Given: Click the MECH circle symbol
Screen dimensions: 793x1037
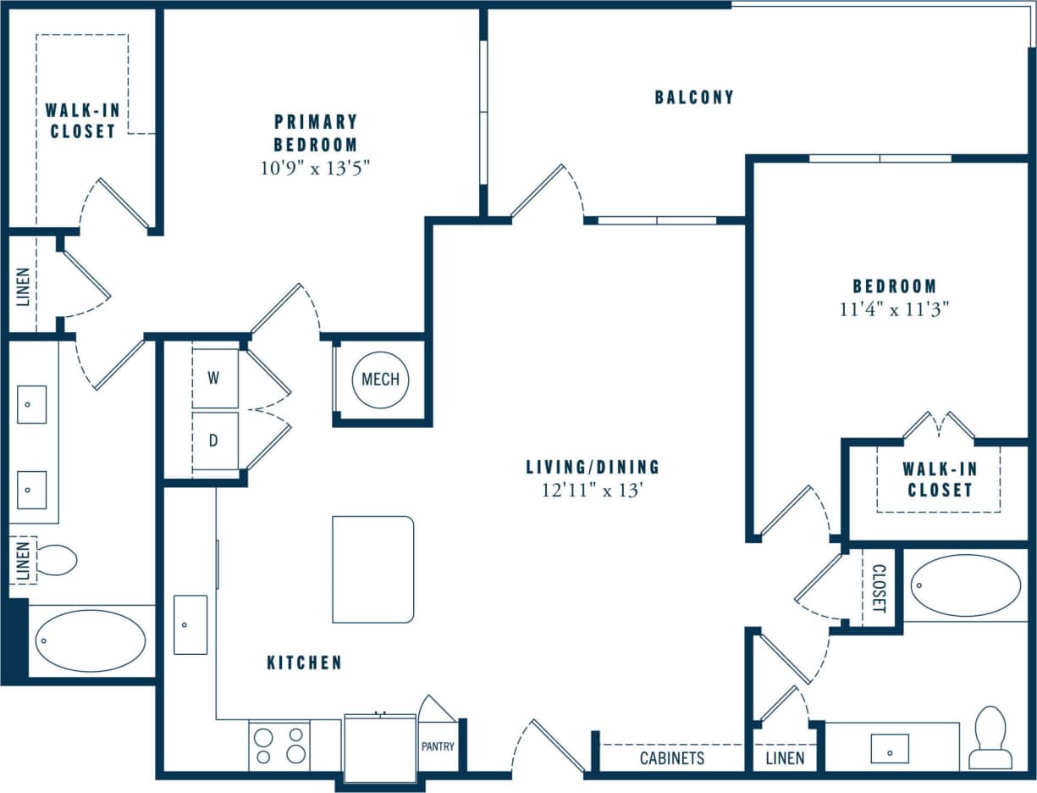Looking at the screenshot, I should pos(380,380).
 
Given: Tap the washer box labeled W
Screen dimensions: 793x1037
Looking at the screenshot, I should pos(215,378).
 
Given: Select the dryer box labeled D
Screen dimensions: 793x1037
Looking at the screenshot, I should pos(215,441).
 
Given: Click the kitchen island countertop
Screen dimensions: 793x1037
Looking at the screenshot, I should pos(372,569).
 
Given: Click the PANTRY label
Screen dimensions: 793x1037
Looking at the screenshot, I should pos(438,746).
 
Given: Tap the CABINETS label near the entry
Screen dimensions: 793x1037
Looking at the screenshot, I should pos(672,757).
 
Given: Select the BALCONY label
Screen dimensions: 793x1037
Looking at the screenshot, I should pos(694,97).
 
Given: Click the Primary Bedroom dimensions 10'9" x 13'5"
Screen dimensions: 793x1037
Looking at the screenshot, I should pos(316,168).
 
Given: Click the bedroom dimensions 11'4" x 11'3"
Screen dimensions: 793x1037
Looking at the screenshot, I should pos(894,309).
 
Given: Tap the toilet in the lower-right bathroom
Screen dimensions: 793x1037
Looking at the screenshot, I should pos(990,737).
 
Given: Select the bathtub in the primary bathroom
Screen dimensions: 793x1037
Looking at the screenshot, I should pos(91,641).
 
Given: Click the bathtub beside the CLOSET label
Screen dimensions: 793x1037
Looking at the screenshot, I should pos(966,585).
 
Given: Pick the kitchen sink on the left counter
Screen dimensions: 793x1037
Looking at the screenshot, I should pos(190,624).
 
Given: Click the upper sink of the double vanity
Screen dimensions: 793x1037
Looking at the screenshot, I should pos(31,404).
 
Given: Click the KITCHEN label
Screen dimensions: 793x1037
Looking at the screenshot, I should pos(304,663).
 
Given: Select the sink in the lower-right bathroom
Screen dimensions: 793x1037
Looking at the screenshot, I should pos(890,748).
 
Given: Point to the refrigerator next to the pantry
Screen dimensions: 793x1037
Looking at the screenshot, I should pos(380,748).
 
